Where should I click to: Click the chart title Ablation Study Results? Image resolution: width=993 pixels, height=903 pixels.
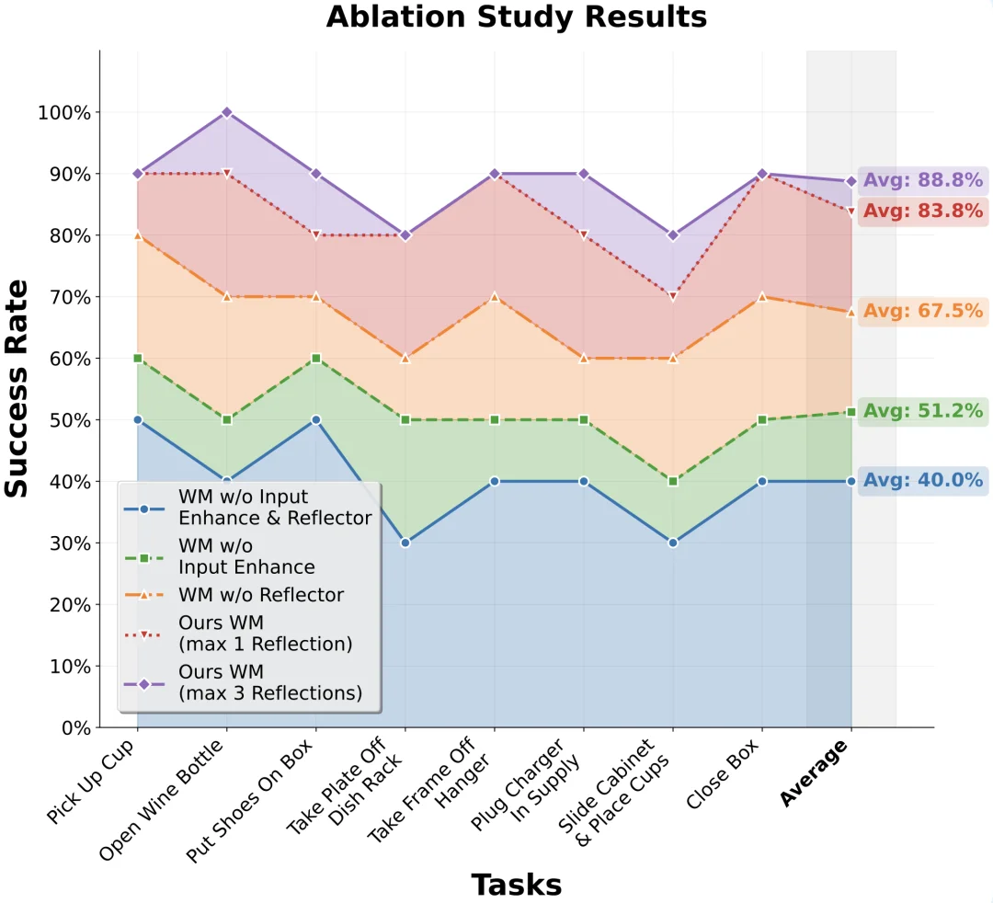click(x=516, y=17)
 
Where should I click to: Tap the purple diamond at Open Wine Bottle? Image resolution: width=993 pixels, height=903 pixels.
click(x=226, y=112)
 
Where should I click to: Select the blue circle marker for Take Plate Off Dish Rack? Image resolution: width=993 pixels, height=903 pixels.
click(x=405, y=543)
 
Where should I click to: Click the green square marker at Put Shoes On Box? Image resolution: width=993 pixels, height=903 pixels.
click(x=315, y=358)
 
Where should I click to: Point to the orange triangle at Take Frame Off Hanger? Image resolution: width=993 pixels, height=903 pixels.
click(x=495, y=297)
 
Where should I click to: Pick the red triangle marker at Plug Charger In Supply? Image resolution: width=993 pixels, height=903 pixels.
click(x=584, y=235)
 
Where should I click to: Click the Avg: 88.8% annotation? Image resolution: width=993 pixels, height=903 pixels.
click(x=922, y=180)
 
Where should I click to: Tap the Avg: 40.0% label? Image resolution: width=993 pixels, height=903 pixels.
click(x=922, y=480)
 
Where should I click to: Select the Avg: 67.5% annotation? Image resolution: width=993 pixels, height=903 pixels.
click(x=922, y=311)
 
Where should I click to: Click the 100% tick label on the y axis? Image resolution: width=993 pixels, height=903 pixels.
click(x=63, y=113)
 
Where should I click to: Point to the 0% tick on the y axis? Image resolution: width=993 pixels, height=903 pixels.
click(x=74, y=728)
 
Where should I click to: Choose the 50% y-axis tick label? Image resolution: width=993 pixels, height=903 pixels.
click(x=68, y=420)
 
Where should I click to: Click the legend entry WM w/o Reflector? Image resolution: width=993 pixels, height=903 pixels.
click(x=261, y=595)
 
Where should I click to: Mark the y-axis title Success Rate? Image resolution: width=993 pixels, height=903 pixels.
click(x=17, y=388)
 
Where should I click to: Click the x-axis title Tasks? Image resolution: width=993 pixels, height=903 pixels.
click(x=516, y=885)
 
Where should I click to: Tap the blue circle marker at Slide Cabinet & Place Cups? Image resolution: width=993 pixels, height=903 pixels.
click(x=673, y=543)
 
